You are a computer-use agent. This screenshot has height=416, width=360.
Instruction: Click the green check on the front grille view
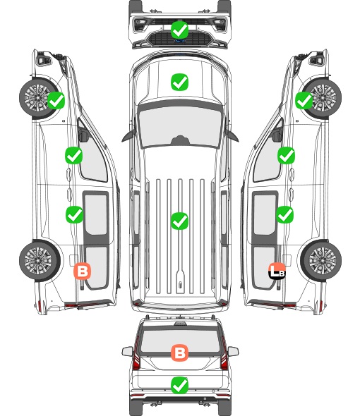tap(179, 30)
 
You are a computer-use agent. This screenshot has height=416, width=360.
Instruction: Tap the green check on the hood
tap(179, 82)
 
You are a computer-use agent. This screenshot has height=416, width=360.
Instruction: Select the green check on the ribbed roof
tap(179, 221)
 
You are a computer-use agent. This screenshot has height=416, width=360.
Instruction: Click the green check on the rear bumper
tap(179, 385)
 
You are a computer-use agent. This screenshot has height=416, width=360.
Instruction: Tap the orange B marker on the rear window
tap(179, 353)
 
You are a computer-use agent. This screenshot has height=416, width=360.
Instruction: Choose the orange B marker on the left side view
tap(83, 271)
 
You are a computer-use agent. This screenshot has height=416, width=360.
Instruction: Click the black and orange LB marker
tap(277, 271)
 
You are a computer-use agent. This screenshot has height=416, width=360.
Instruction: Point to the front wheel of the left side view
tap(37, 97)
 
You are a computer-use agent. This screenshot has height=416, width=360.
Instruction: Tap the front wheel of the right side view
tap(323, 97)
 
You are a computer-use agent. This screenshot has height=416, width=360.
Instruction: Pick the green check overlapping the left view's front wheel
tap(56, 101)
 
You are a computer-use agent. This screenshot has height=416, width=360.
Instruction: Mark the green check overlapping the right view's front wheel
tap(304, 101)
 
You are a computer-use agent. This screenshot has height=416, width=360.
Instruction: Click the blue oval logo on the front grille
tap(179, 41)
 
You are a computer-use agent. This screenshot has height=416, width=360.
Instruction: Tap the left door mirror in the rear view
tap(127, 351)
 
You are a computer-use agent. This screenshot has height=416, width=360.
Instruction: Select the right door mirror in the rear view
tap(233, 351)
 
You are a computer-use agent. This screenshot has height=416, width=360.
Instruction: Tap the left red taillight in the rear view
tap(136, 355)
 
